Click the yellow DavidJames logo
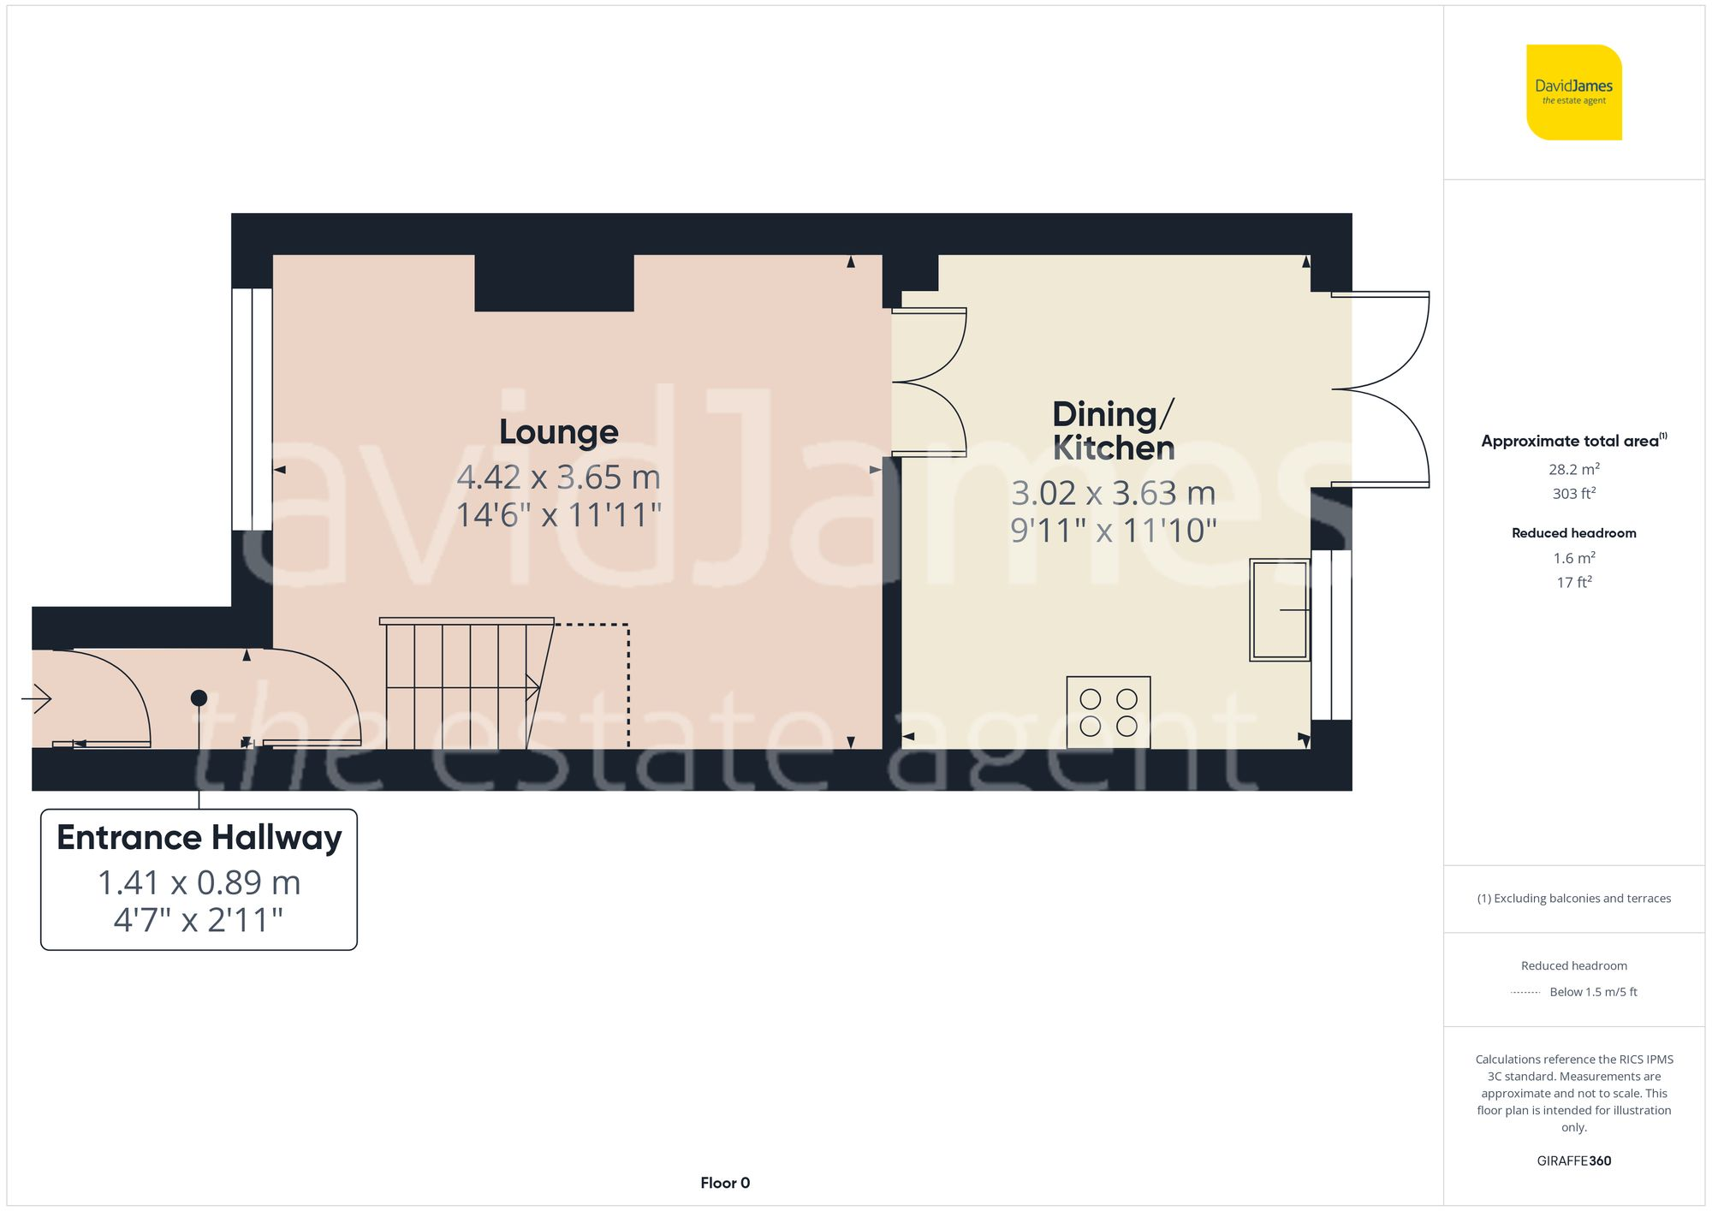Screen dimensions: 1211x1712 [x=1573, y=92]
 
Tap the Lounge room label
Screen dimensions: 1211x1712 [x=558, y=431]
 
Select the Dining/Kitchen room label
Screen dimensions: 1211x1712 [x=1113, y=430]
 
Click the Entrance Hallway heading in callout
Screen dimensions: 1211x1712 [x=199, y=837]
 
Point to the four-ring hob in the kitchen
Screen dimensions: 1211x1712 [x=1108, y=712]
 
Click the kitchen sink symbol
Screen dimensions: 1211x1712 [x=1279, y=609]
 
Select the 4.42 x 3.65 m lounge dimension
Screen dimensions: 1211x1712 [x=558, y=477]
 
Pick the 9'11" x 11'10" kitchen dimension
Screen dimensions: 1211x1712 [x=1113, y=531]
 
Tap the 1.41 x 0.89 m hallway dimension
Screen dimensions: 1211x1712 [x=199, y=882]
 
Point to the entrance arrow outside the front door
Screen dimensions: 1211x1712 [x=37, y=698]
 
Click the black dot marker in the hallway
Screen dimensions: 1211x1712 [x=199, y=698]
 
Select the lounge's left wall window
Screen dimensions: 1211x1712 [x=252, y=409]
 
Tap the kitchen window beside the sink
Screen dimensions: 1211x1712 [x=1332, y=634]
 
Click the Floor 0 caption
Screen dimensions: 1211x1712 [x=724, y=1183]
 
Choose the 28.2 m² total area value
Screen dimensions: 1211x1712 [x=1573, y=469]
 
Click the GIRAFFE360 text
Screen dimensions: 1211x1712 [x=1573, y=1161]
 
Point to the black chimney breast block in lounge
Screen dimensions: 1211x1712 [x=554, y=282]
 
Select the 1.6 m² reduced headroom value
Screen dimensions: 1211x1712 [x=1573, y=558]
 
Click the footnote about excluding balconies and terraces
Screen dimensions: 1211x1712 [x=1573, y=898]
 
